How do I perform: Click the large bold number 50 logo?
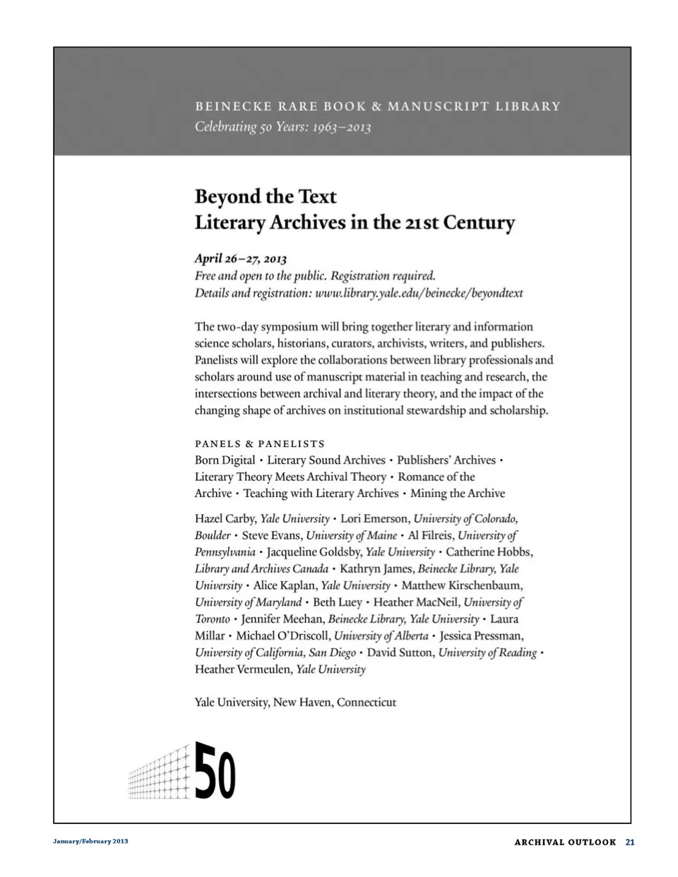point(215,770)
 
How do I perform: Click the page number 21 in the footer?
point(630,842)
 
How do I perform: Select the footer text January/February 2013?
point(90,842)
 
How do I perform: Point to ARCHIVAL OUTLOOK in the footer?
point(565,842)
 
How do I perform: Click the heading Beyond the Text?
point(266,196)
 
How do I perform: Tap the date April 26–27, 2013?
point(240,258)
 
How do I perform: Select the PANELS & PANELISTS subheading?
point(260,443)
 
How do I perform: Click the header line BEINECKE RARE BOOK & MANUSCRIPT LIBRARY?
point(378,107)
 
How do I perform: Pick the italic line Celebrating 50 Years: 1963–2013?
point(282,127)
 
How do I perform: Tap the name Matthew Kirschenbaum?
point(462,585)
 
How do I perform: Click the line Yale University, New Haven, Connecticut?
point(295,702)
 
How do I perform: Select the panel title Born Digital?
point(225,460)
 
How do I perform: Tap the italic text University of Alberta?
point(381,636)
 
